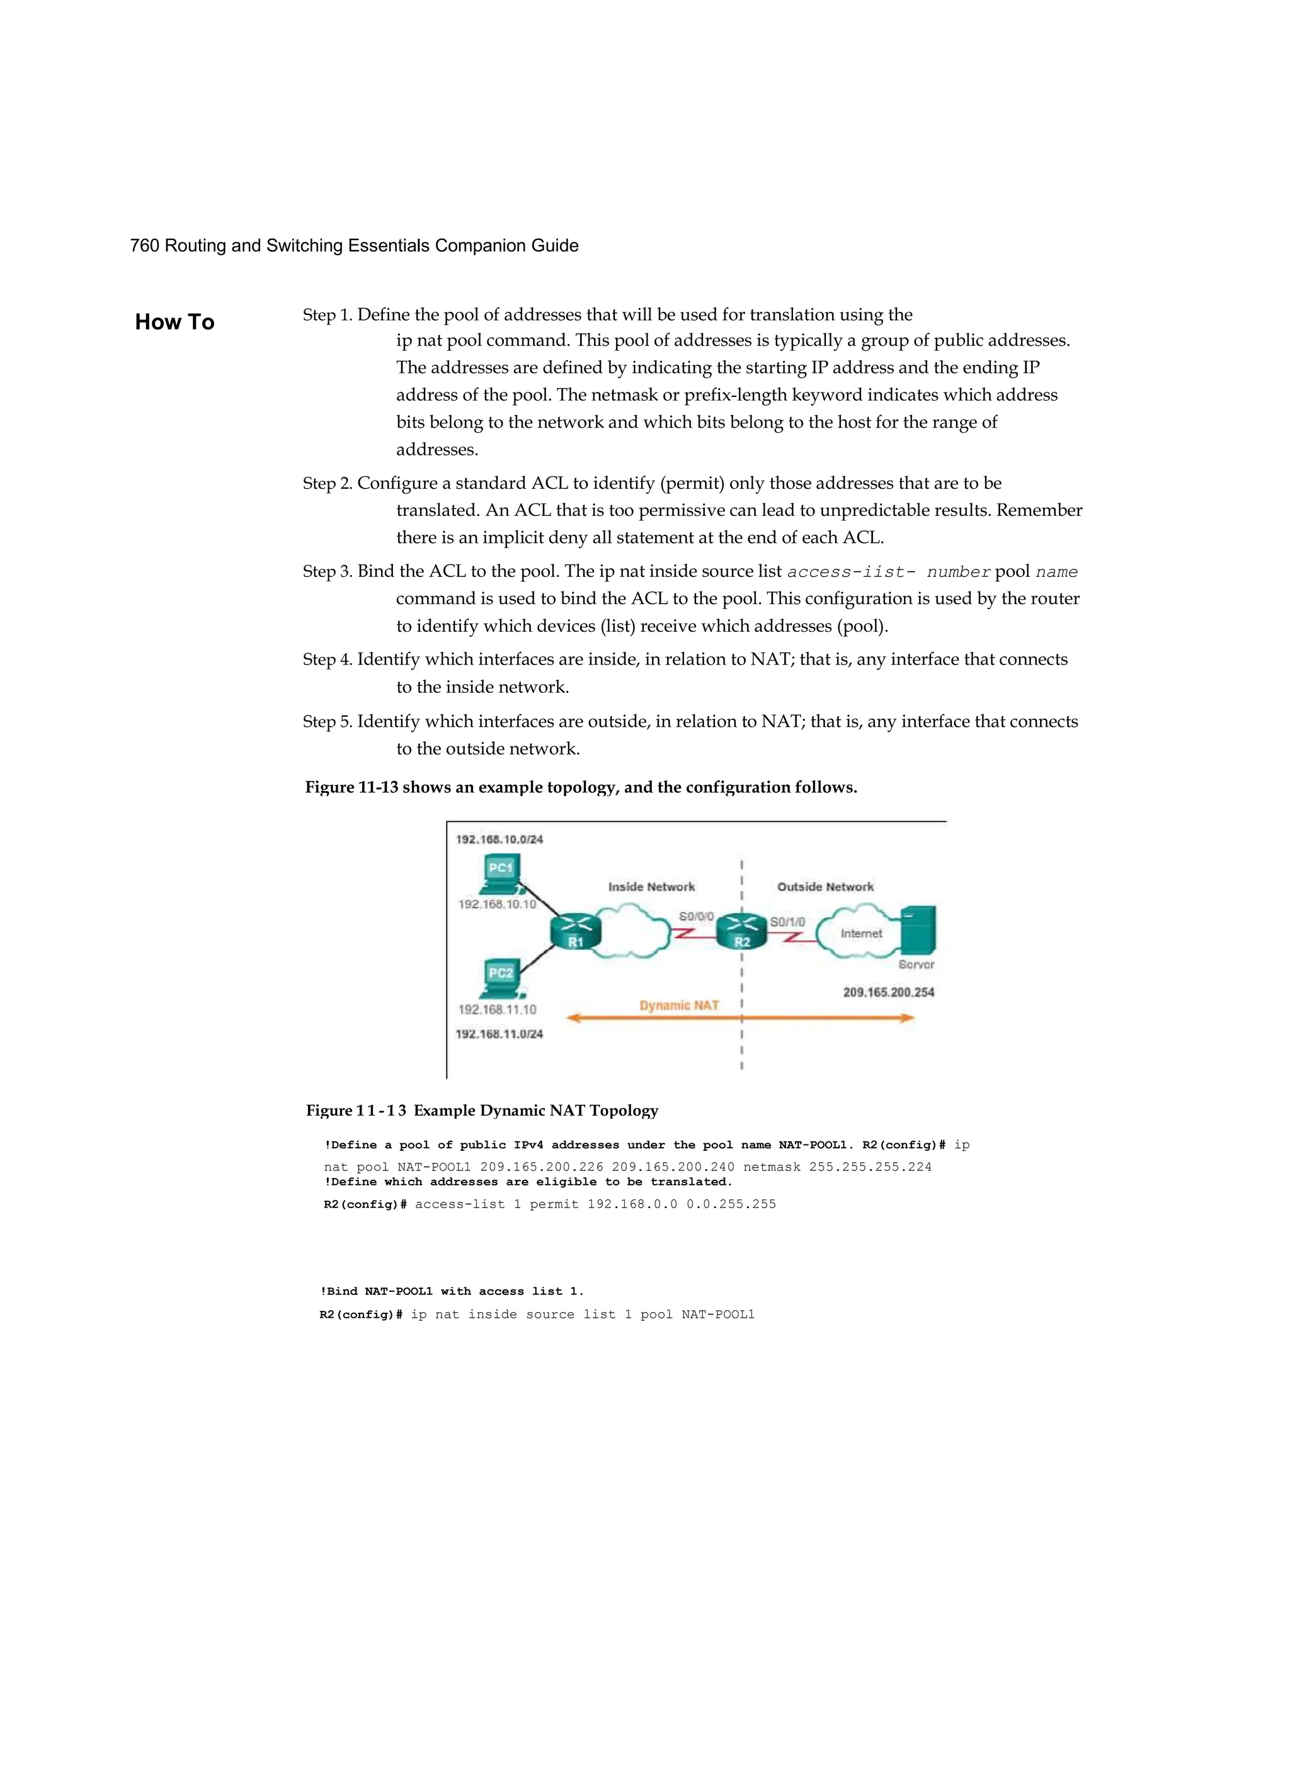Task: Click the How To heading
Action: (174, 322)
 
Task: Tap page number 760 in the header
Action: (144, 246)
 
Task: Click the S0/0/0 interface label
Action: (696, 916)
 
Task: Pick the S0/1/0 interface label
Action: (787, 922)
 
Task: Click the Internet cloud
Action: (860, 932)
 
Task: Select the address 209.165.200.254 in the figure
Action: (888, 992)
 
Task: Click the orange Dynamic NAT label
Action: (678, 1006)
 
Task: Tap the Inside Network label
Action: (651, 887)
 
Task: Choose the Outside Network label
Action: (825, 887)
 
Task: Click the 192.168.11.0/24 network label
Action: (499, 1034)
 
